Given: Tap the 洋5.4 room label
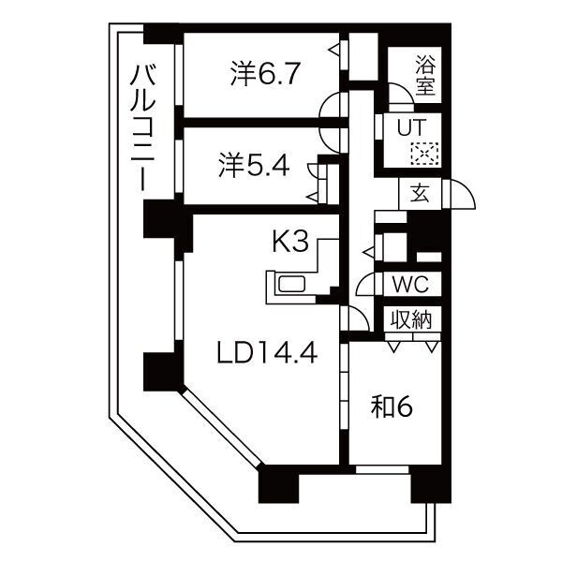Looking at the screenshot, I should point(254,166).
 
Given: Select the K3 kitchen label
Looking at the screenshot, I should point(290,242).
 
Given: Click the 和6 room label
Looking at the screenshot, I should point(392,407).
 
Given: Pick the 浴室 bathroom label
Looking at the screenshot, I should point(426,77).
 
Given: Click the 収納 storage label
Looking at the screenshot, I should point(411,319).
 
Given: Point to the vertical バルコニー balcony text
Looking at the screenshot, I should point(142,126).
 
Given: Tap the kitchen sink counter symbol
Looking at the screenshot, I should point(294,286).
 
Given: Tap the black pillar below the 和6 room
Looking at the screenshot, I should point(429,484).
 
